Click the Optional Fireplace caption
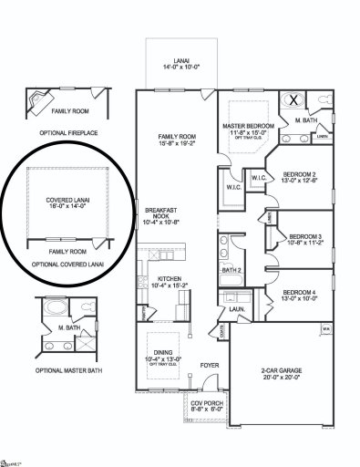[71, 131]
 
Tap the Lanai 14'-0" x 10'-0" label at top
[177, 61]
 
